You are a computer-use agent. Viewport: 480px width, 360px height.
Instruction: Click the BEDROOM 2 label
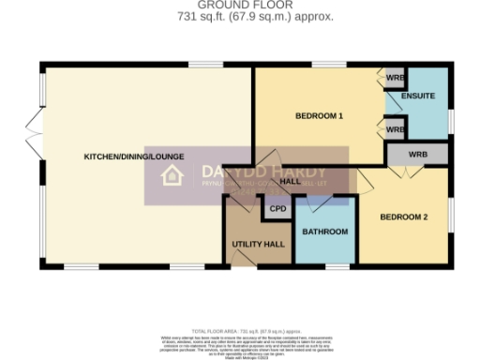[x=403, y=217]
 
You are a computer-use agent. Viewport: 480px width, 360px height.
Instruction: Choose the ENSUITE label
[x=417, y=96]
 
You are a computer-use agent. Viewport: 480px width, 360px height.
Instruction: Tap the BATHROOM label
[x=325, y=232]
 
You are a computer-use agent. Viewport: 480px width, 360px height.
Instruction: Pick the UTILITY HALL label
[x=258, y=244]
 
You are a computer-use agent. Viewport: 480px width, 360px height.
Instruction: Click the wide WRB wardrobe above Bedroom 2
[x=417, y=154]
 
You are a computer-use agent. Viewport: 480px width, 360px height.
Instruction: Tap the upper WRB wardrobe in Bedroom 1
[x=394, y=77]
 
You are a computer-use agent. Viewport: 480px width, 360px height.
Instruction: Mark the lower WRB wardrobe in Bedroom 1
[x=394, y=128]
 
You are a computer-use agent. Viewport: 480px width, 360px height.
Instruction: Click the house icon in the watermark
[x=172, y=175]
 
